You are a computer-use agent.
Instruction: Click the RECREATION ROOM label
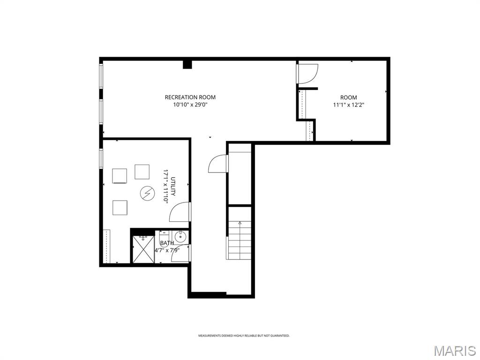point(190,97)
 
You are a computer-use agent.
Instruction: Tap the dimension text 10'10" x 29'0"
point(190,105)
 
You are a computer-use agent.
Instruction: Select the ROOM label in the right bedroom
point(348,97)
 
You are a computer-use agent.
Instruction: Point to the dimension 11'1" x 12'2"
point(348,105)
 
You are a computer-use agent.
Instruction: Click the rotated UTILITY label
point(172,186)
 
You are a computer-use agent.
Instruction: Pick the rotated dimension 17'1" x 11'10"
point(165,186)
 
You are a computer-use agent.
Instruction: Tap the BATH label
point(167,243)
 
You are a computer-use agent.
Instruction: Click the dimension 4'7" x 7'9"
point(167,250)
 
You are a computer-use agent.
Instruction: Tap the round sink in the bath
point(181,237)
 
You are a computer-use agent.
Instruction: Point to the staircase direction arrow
point(240,223)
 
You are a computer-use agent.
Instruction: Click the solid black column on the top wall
point(187,65)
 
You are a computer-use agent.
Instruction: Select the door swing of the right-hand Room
point(308,74)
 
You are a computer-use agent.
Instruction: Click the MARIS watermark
point(454,350)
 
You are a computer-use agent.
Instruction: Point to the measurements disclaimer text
point(244,336)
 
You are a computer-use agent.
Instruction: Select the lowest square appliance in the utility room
point(120,207)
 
